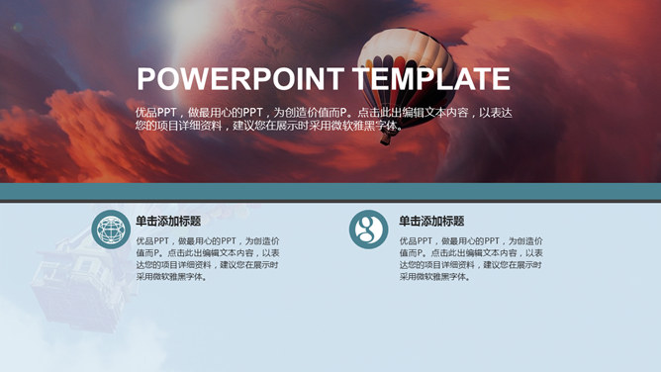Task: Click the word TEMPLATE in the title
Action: [431, 79]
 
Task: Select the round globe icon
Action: [111, 230]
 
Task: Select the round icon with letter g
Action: [368, 230]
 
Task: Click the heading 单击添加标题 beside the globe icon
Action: [168, 222]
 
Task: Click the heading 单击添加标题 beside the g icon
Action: [431, 222]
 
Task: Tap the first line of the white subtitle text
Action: [324, 113]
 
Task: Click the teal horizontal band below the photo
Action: [330, 191]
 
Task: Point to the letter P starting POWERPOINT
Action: [147, 79]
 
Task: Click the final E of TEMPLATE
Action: [501, 79]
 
